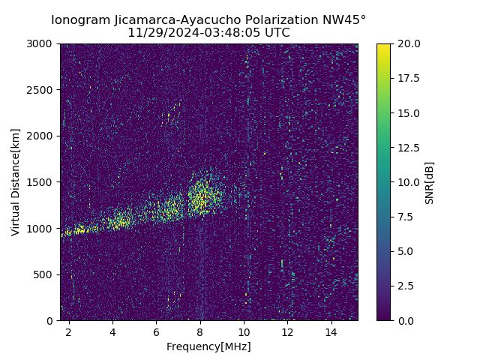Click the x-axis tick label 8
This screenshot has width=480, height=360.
coord(200,331)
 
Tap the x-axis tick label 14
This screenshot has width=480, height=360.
coord(331,331)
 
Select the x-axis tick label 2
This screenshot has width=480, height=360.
coord(69,331)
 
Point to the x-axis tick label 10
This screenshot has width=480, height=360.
coord(244,331)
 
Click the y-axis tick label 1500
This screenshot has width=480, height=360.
coord(40,182)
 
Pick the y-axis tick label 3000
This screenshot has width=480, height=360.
coord(40,43)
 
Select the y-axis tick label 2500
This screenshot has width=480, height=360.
coord(40,90)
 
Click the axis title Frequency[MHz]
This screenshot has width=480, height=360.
coord(208,346)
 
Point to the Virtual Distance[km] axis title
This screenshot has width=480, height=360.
coord(16,182)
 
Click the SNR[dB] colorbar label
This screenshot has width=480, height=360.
coord(430,182)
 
